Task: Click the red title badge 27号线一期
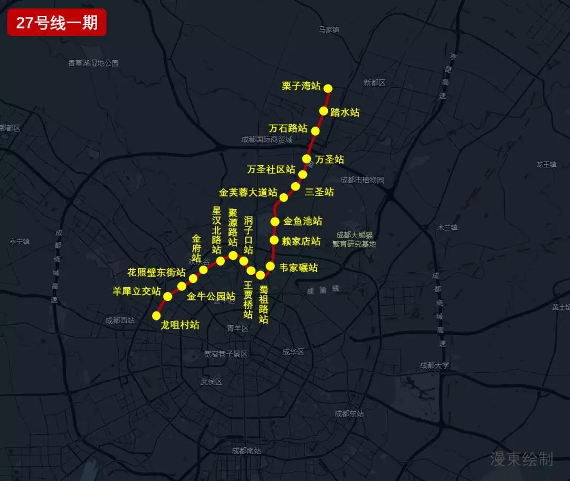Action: (57, 23)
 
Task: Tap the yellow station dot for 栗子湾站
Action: (328, 88)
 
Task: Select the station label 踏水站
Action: (345, 112)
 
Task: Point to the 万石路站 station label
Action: (288, 128)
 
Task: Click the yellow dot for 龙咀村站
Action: (156, 316)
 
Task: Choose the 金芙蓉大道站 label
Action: (248, 193)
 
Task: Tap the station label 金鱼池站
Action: (302, 221)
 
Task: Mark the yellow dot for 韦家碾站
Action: (270, 266)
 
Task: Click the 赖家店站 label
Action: (301, 241)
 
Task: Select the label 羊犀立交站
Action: (137, 291)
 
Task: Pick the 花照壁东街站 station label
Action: (157, 272)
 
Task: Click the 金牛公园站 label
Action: (211, 296)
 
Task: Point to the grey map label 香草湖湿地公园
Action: (93, 63)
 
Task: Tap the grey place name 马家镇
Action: (329, 30)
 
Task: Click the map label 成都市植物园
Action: (362, 180)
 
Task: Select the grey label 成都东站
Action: (349, 414)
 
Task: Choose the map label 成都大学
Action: (435, 365)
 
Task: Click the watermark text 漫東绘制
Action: (521, 459)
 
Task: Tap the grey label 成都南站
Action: (246, 451)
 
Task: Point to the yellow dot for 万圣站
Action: (307, 158)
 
